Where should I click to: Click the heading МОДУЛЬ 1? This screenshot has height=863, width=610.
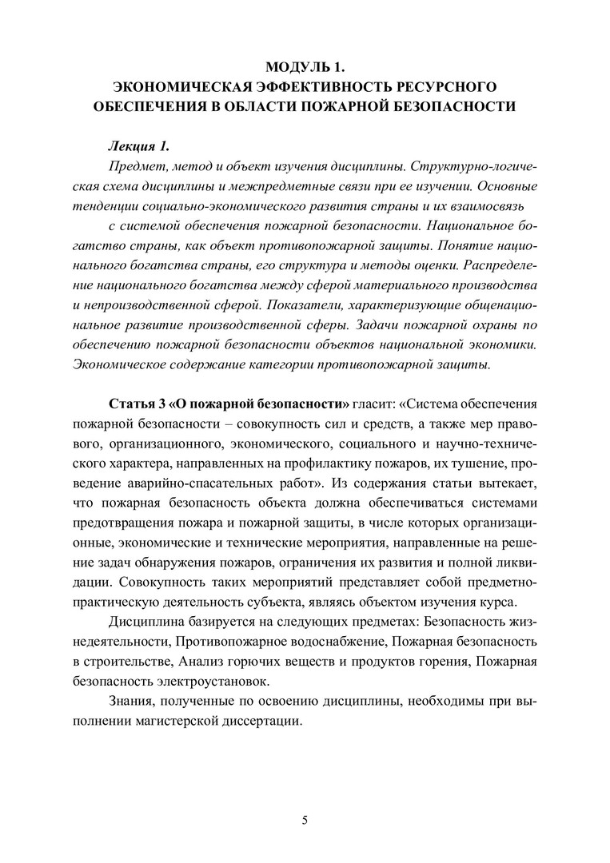pyautogui.click(x=304, y=66)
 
